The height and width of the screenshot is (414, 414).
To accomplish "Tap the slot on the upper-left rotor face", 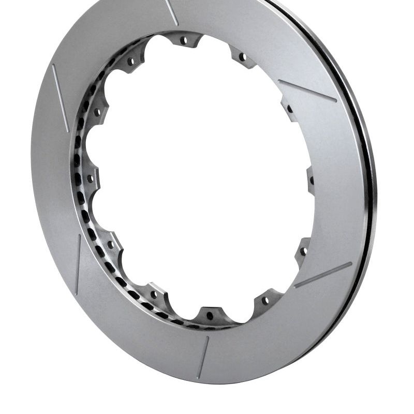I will (x=60, y=91).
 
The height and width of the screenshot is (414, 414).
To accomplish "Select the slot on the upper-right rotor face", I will (x=307, y=91).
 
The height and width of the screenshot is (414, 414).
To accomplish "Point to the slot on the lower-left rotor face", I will (x=78, y=264).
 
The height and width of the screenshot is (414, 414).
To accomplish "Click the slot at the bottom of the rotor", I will (x=203, y=357).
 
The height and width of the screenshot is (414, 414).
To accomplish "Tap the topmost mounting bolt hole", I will (x=183, y=40).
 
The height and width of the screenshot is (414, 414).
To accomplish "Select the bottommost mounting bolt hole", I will (x=210, y=315).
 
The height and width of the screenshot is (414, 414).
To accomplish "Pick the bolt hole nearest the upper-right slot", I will (x=289, y=109).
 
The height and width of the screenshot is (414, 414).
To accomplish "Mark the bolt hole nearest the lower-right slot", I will (x=303, y=251).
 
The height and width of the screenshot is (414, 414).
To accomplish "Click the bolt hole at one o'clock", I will (x=242, y=56).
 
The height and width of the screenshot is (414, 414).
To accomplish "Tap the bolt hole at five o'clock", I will (x=265, y=300).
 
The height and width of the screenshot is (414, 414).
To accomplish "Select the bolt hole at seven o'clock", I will (x=153, y=294).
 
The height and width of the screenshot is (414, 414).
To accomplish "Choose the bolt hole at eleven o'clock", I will (x=130, y=61).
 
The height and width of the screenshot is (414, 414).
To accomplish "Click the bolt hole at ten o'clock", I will (x=97, y=111).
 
